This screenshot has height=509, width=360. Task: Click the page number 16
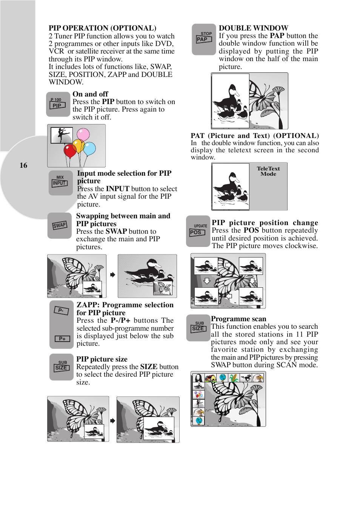point(23,165)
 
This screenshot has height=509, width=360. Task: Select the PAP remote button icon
point(204,39)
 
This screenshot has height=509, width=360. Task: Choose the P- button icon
point(61,310)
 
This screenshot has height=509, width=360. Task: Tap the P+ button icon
point(62,339)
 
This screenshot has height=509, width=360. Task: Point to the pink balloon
point(83,134)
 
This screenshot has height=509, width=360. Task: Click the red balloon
point(70,151)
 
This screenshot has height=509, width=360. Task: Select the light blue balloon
point(89,149)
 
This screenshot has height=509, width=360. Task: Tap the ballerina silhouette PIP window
point(62,135)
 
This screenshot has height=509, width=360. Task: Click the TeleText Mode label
point(268,171)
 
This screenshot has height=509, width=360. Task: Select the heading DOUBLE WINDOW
point(254,28)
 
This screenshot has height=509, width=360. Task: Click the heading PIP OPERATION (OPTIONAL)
point(102,28)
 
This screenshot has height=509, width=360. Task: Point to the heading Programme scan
point(238,319)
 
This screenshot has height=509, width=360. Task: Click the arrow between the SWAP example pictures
point(112,275)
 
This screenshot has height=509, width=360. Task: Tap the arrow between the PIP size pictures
point(112,421)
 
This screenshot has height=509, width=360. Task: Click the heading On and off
point(90,94)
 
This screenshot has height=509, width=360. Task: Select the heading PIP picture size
point(102,359)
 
